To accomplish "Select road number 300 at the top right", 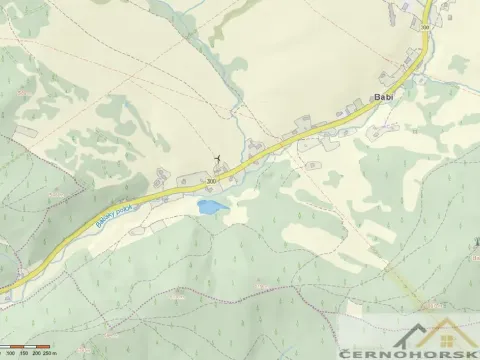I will click(425, 26).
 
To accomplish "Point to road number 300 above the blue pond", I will click(212, 181).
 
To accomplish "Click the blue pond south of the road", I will click(211, 207).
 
